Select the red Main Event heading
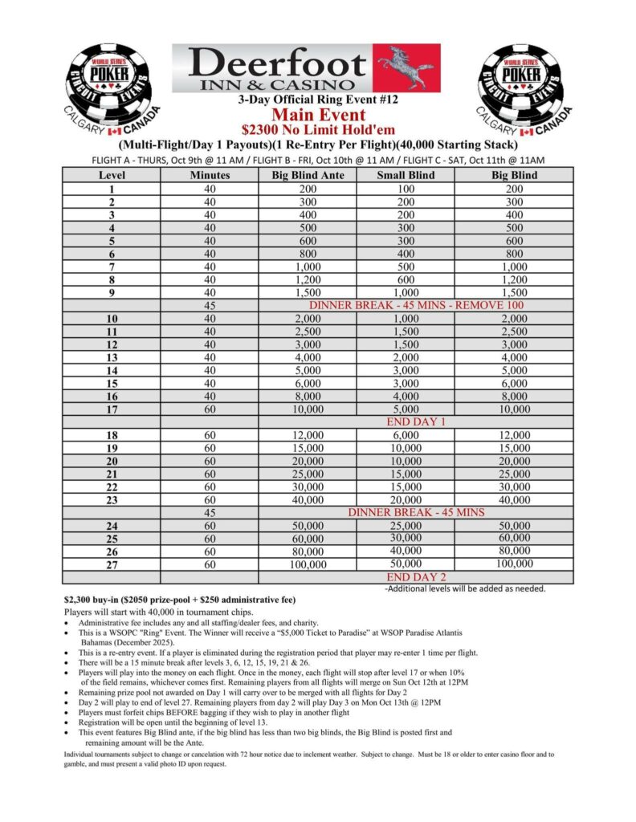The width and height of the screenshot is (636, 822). pyautogui.click(x=318, y=114)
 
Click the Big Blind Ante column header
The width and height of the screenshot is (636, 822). pyautogui.click(x=308, y=175)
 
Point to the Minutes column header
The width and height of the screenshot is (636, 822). pyautogui.click(x=210, y=175)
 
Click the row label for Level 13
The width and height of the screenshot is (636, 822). pyautogui.click(x=112, y=357)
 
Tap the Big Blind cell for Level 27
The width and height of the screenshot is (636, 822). pyautogui.click(x=514, y=564)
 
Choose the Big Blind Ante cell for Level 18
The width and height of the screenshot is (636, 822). pyautogui.click(x=308, y=434)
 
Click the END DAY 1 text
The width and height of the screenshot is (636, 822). pyautogui.click(x=417, y=421)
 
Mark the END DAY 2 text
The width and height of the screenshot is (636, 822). pyautogui.click(x=417, y=576)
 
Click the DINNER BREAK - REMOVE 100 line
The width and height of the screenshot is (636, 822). pyautogui.click(x=417, y=306)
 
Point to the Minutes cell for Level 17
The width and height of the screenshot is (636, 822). pyautogui.click(x=210, y=409)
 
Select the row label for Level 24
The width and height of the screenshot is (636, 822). pyautogui.click(x=112, y=526)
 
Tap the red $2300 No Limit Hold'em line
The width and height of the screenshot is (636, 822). pyautogui.click(x=318, y=128)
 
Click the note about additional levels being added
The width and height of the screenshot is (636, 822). pyautogui.click(x=465, y=588)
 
